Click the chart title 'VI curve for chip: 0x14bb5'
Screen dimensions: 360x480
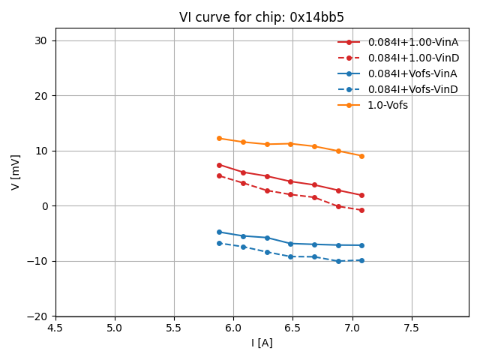262,17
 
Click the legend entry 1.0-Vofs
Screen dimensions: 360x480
387,105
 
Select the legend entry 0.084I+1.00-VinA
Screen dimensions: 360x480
412,42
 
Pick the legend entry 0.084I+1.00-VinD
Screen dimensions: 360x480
412,58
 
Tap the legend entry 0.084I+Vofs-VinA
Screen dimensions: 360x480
412,73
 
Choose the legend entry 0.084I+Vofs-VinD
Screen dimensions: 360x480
412,89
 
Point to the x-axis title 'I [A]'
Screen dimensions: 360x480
262,343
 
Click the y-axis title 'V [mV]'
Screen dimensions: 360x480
16,172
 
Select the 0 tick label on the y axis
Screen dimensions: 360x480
43,206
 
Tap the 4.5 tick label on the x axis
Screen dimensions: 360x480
55,328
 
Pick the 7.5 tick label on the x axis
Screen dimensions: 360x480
412,328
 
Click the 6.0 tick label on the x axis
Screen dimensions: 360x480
233,328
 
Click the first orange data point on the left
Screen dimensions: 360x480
219,138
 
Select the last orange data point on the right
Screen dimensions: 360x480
361,156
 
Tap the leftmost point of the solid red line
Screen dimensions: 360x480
219,165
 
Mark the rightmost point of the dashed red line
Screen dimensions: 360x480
361,210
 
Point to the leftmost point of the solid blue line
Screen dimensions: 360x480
219,232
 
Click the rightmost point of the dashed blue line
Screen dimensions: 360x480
361,260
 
